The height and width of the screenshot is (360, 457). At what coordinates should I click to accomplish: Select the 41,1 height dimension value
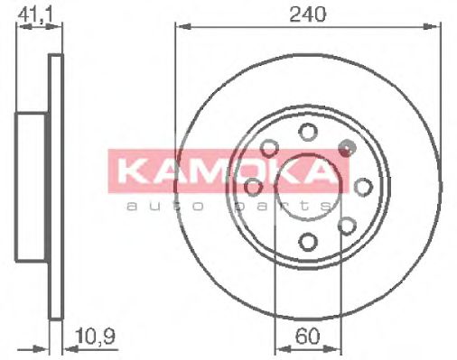pos(34,14)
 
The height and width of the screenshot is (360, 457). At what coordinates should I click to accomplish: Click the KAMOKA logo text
pos(229,172)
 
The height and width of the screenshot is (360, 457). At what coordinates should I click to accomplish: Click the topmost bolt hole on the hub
pos(308,132)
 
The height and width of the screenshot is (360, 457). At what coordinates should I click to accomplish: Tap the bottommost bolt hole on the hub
pos(308,242)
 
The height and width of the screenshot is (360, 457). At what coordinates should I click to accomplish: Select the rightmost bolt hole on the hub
pos(363,187)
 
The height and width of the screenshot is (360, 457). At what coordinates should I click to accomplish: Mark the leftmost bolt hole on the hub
pos(253,187)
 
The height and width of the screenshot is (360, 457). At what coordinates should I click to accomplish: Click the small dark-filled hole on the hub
pos(343,147)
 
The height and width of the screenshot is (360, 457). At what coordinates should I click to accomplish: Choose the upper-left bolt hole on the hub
pos(269,148)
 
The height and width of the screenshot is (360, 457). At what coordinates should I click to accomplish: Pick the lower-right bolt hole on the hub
pos(347,226)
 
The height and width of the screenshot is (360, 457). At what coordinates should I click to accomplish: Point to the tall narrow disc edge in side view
pos(56,187)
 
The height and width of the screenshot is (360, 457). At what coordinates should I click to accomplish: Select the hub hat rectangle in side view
pos(33,187)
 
